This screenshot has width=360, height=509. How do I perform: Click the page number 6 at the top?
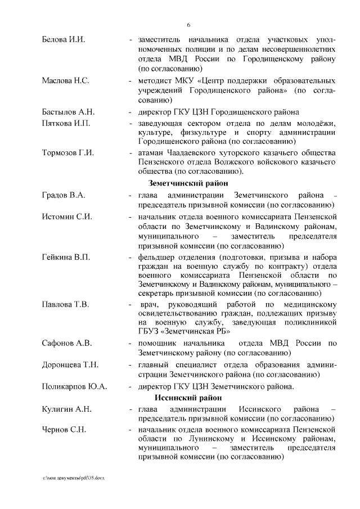pos(189,24)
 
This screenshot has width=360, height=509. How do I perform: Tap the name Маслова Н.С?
pos(65,80)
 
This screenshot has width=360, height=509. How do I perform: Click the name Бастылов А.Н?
pos(68,112)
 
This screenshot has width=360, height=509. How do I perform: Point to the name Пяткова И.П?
pos(66,123)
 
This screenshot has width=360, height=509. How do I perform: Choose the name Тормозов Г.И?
pos(68,154)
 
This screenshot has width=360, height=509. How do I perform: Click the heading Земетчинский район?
pos(188,183)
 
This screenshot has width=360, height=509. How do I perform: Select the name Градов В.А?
pos(64,195)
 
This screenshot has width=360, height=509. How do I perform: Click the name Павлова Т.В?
pos(65,305)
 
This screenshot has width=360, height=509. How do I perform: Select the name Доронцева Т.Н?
pos(70,365)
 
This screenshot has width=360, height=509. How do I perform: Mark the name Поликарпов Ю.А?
pos(74,387)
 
